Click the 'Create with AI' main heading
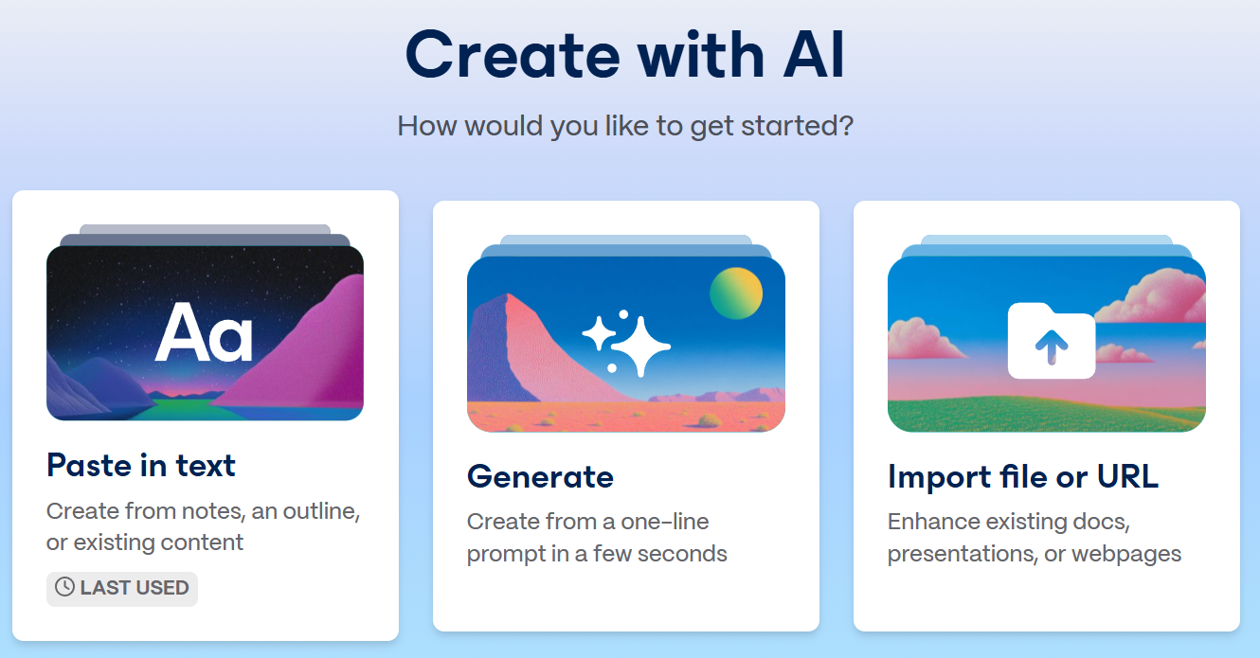click(x=624, y=55)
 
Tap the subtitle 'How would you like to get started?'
click(x=625, y=126)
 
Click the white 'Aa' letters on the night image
click(x=204, y=332)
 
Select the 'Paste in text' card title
click(x=141, y=466)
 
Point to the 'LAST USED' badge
click(x=122, y=588)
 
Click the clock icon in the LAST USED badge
click(x=64, y=588)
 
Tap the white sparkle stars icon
click(x=626, y=342)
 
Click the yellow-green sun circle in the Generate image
click(x=736, y=293)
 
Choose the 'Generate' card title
click(x=540, y=477)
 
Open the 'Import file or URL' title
click(x=1022, y=477)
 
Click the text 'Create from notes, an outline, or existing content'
click(x=203, y=527)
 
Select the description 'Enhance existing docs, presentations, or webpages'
click(x=1034, y=538)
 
